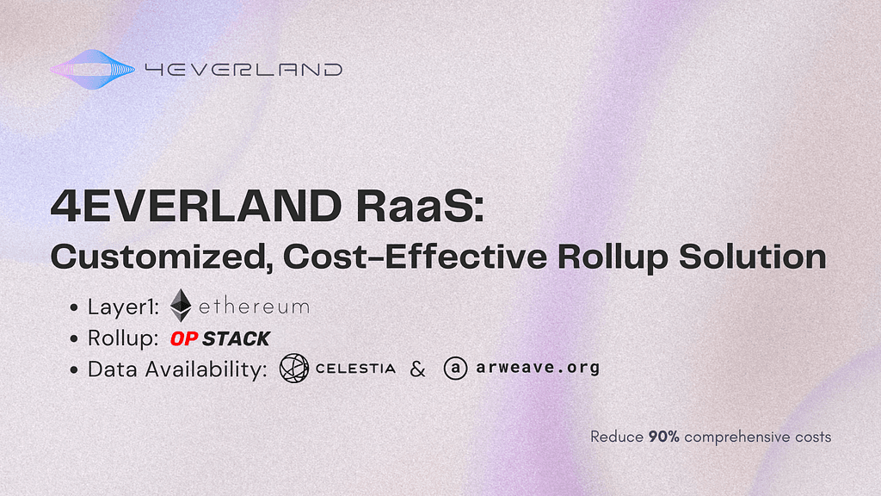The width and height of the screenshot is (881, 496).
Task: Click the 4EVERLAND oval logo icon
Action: coord(92,70)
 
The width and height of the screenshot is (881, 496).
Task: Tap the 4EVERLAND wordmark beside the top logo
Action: coord(243,70)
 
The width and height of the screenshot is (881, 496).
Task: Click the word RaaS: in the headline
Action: coord(420,206)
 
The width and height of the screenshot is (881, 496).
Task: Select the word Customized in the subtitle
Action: coord(158,257)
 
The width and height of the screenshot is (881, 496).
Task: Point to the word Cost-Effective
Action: coord(415,257)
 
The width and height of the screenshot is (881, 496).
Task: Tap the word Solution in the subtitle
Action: coord(752,257)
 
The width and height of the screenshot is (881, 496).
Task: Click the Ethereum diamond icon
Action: coord(181,306)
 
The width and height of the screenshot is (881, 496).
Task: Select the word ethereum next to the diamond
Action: coord(254,307)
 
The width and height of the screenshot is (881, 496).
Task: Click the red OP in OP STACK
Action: coord(184,338)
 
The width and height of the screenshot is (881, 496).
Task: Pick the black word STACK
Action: coord(237,338)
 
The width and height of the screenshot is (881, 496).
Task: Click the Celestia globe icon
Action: coord(294,369)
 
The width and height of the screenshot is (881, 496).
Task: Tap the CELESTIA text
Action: coord(355,369)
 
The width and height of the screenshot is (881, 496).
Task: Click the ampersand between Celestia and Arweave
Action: coord(417,369)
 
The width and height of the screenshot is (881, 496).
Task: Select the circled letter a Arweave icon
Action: coord(456,369)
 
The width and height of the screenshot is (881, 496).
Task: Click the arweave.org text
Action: coord(538,368)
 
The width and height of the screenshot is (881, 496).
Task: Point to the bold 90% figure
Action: coord(663,437)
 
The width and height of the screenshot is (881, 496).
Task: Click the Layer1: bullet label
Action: coord(124,307)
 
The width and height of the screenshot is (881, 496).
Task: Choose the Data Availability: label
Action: coord(177,369)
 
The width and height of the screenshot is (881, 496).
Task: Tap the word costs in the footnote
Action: coord(813,437)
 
